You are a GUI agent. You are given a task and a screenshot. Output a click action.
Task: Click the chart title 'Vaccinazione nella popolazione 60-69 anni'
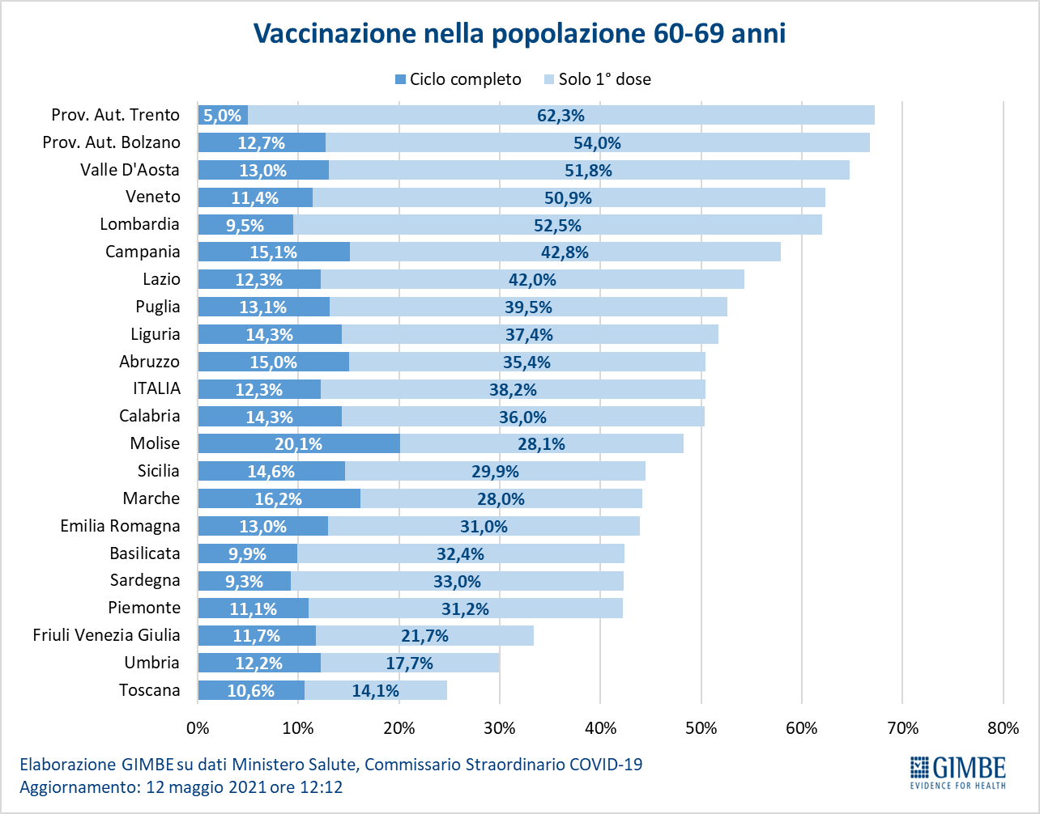[519, 33]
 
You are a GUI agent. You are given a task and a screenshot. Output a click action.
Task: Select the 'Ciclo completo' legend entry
[458, 78]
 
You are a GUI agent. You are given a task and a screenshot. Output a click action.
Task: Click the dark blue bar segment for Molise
[299, 443]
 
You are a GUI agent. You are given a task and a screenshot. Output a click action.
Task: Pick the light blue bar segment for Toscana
[376, 690]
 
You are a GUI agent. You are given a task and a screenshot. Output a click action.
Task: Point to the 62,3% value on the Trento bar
[560, 115]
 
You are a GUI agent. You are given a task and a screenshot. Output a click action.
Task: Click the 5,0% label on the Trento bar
[222, 115]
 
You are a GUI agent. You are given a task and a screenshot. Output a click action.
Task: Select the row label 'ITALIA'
[156, 388]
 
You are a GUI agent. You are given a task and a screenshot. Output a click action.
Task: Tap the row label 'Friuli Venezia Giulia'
[106, 635]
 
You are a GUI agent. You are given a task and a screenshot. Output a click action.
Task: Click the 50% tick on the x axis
[701, 728]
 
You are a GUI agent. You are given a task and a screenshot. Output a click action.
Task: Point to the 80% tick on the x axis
[1004, 728]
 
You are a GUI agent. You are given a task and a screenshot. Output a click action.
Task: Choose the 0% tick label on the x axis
[198, 728]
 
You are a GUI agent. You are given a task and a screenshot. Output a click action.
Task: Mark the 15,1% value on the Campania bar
[273, 252]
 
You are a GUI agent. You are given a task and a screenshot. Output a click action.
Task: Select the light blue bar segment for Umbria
[410, 663]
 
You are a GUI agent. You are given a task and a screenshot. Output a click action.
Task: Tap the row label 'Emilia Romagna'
[120, 526]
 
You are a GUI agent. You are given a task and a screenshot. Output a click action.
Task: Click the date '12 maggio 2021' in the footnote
[207, 787]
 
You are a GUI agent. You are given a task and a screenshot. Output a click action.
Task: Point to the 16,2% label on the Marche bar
[278, 499]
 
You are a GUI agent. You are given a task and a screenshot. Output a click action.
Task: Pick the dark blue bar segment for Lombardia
[245, 225]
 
